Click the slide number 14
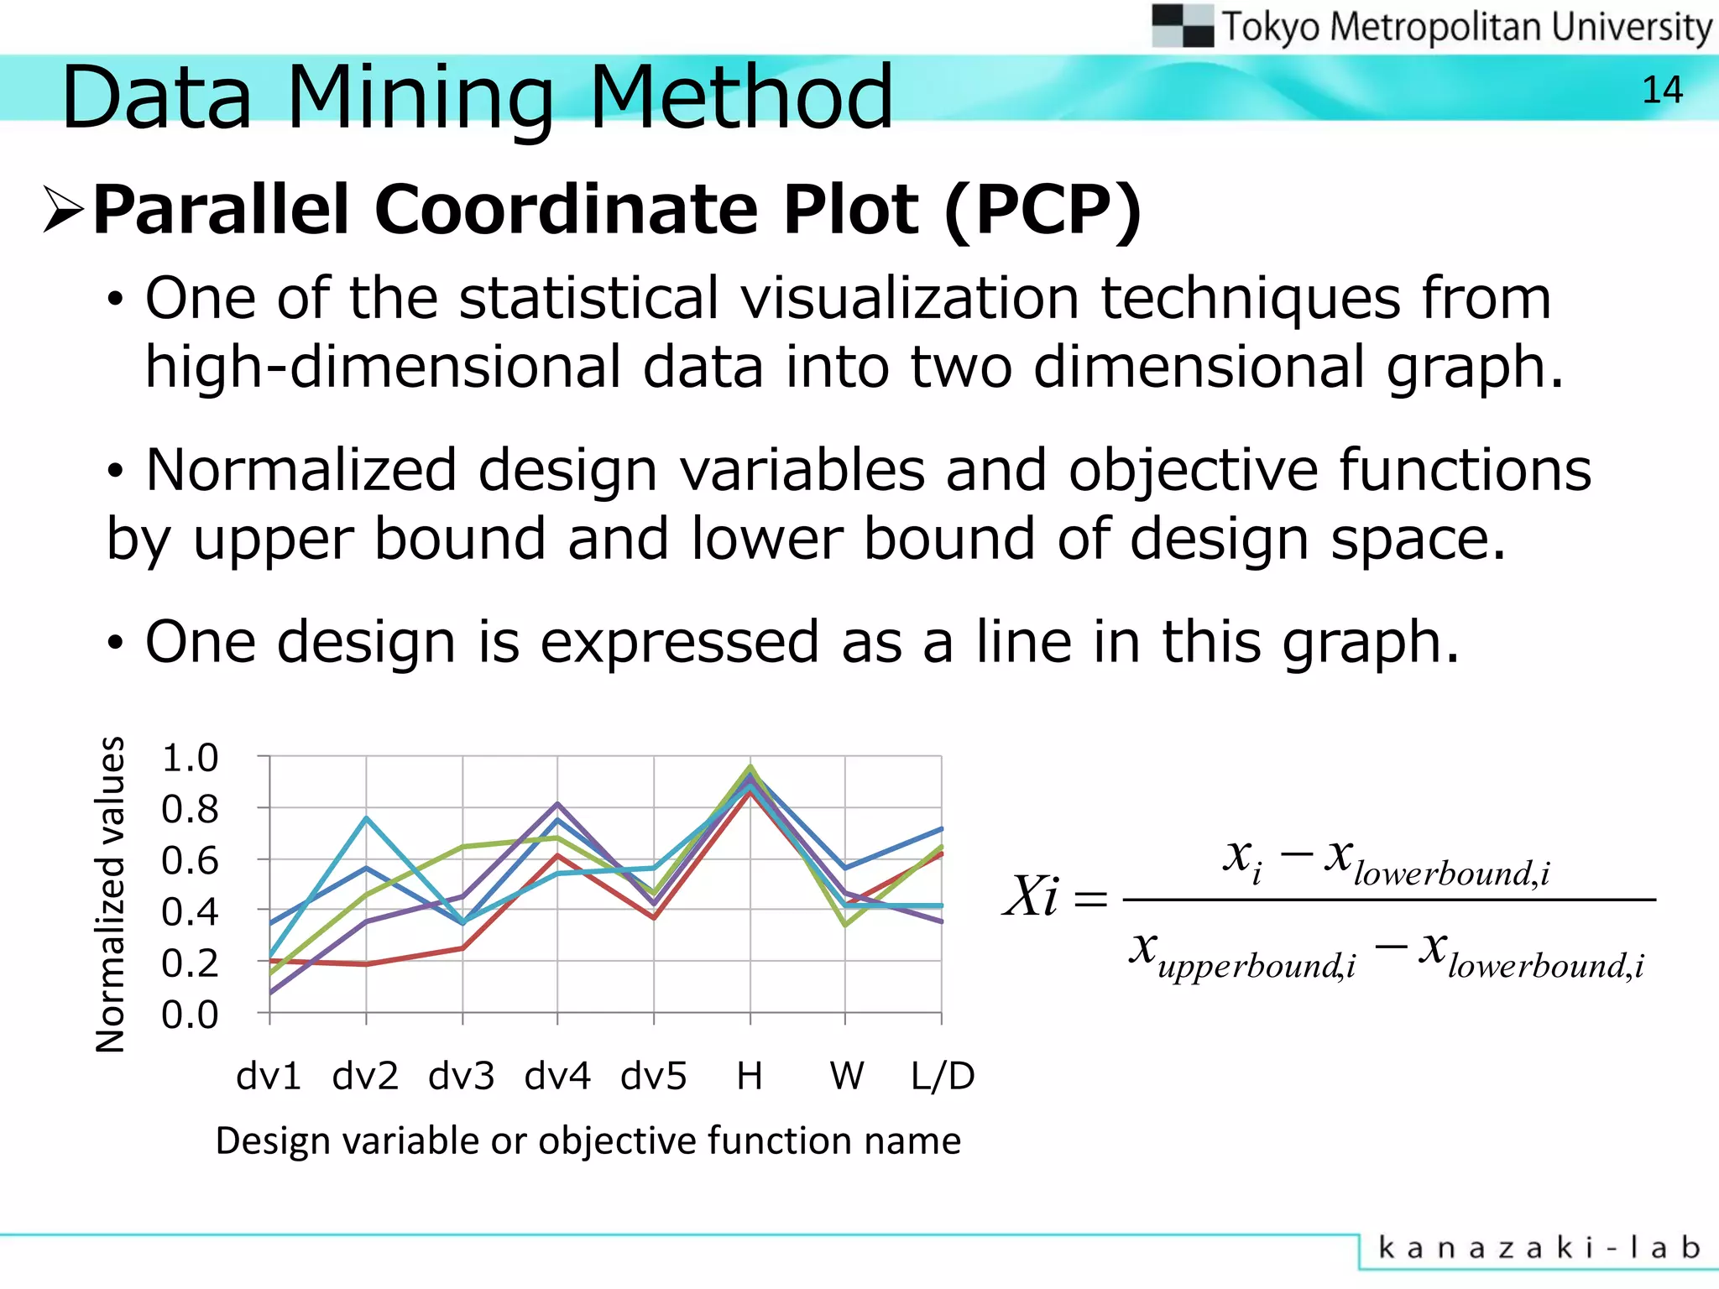coord(1662,91)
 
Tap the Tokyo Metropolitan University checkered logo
coord(1182,26)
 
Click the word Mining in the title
coord(420,98)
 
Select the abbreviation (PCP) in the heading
coord(1042,210)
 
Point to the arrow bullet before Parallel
coord(64,210)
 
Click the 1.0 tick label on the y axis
coord(190,758)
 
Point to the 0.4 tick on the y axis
coord(190,911)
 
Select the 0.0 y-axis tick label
coord(190,1015)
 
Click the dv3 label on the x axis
coord(461,1076)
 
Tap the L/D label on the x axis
coord(943,1076)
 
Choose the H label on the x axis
coord(750,1076)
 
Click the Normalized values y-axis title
coord(111,895)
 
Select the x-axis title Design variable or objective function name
coord(588,1141)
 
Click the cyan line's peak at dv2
coord(367,817)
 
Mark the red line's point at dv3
coord(462,948)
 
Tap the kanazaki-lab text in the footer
coord(1539,1248)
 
